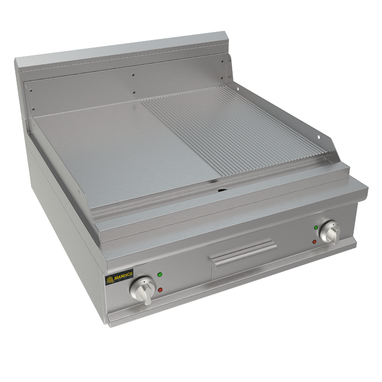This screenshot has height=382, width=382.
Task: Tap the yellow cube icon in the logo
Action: pyautogui.click(x=110, y=279)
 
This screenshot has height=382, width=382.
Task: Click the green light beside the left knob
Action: pyautogui.click(x=160, y=275)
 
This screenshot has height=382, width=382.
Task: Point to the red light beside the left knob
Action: pyautogui.click(x=160, y=290)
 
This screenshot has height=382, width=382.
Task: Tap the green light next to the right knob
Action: pyautogui.click(x=316, y=228)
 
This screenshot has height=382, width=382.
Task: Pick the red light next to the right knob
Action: pyautogui.click(x=314, y=241)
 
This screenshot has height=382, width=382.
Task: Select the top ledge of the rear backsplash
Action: pyautogui.click(x=122, y=50)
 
